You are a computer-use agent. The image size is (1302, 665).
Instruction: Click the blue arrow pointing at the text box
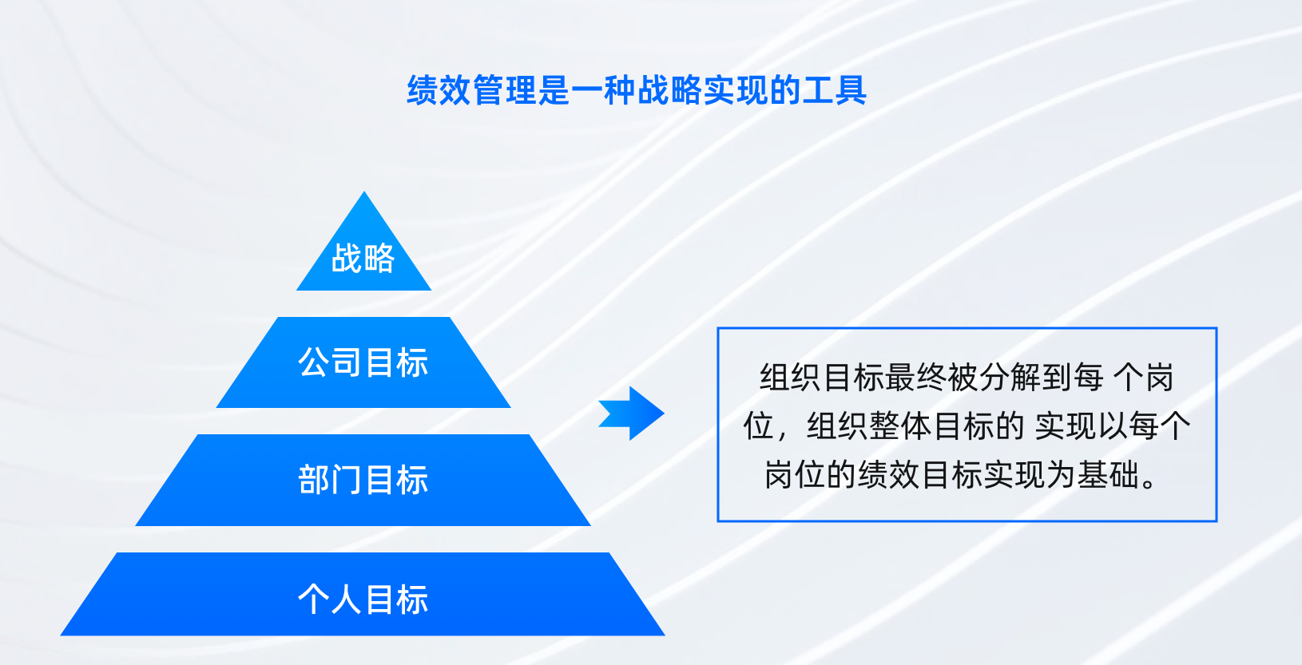click(x=632, y=414)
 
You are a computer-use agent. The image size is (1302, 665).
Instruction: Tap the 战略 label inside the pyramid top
click(x=363, y=259)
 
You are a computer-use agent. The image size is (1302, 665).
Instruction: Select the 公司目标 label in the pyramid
click(x=363, y=363)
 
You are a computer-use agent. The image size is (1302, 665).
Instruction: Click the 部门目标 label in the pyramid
click(x=363, y=481)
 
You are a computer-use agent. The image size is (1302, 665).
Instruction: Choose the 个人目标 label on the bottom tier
click(x=363, y=600)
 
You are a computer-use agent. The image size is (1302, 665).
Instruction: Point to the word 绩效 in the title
click(x=439, y=90)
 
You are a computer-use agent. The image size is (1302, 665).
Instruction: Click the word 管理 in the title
click(x=505, y=90)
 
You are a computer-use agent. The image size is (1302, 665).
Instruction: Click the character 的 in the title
click(x=784, y=90)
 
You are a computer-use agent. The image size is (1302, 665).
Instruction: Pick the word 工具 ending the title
click(x=834, y=90)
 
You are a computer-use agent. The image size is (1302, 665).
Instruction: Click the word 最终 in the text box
click(x=916, y=378)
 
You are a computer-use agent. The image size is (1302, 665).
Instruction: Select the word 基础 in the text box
click(x=1108, y=475)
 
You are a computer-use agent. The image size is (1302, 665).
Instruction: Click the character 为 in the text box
click(x=1061, y=475)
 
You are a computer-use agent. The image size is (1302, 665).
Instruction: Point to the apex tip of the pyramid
click(x=364, y=192)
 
